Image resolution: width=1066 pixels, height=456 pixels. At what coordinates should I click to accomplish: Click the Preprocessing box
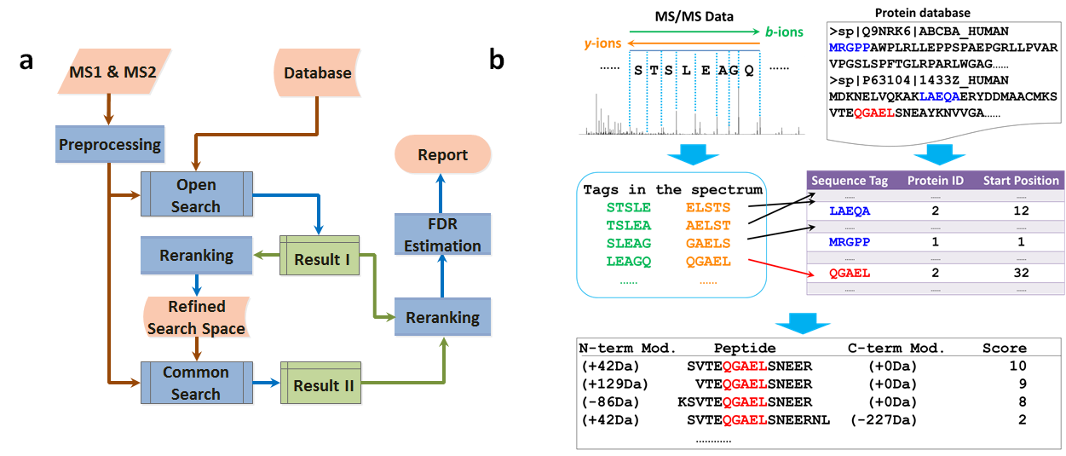(109, 144)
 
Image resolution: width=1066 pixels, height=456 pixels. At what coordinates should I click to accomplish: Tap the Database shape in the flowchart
(317, 72)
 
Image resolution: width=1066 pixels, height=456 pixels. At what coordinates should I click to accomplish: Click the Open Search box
(196, 195)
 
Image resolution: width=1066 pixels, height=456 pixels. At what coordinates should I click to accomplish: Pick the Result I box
(317, 259)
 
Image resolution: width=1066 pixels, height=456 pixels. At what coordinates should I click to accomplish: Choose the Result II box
(323, 385)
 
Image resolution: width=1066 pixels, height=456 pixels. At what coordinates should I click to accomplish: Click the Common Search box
(196, 383)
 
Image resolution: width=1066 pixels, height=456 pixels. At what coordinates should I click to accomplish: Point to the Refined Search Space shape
(196, 317)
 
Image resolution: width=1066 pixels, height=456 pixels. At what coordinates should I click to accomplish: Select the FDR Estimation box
(442, 234)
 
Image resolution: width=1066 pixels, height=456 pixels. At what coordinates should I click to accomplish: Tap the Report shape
(442, 155)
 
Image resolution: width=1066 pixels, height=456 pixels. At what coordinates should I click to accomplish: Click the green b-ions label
(783, 32)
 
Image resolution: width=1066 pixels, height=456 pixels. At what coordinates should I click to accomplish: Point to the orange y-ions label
(602, 42)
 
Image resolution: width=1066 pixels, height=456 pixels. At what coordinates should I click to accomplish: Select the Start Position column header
(1021, 181)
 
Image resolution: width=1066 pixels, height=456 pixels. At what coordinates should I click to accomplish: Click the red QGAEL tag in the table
(850, 273)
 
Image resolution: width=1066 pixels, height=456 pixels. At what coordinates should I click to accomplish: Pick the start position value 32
(1021, 273)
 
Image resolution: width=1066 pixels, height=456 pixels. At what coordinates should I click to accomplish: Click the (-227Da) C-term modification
(884, 419)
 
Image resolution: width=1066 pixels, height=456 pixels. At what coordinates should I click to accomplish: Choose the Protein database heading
(922, 13)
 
